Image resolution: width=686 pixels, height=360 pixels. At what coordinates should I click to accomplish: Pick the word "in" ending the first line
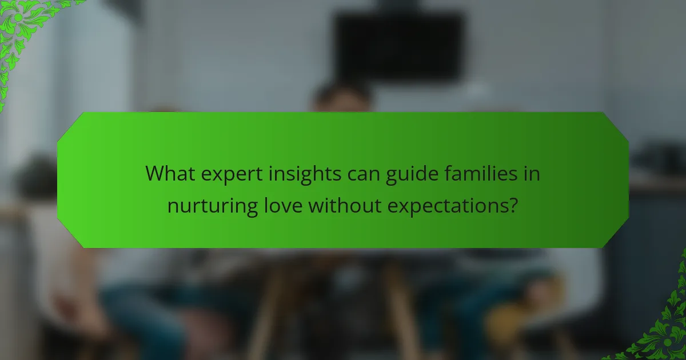tap(532, 173)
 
